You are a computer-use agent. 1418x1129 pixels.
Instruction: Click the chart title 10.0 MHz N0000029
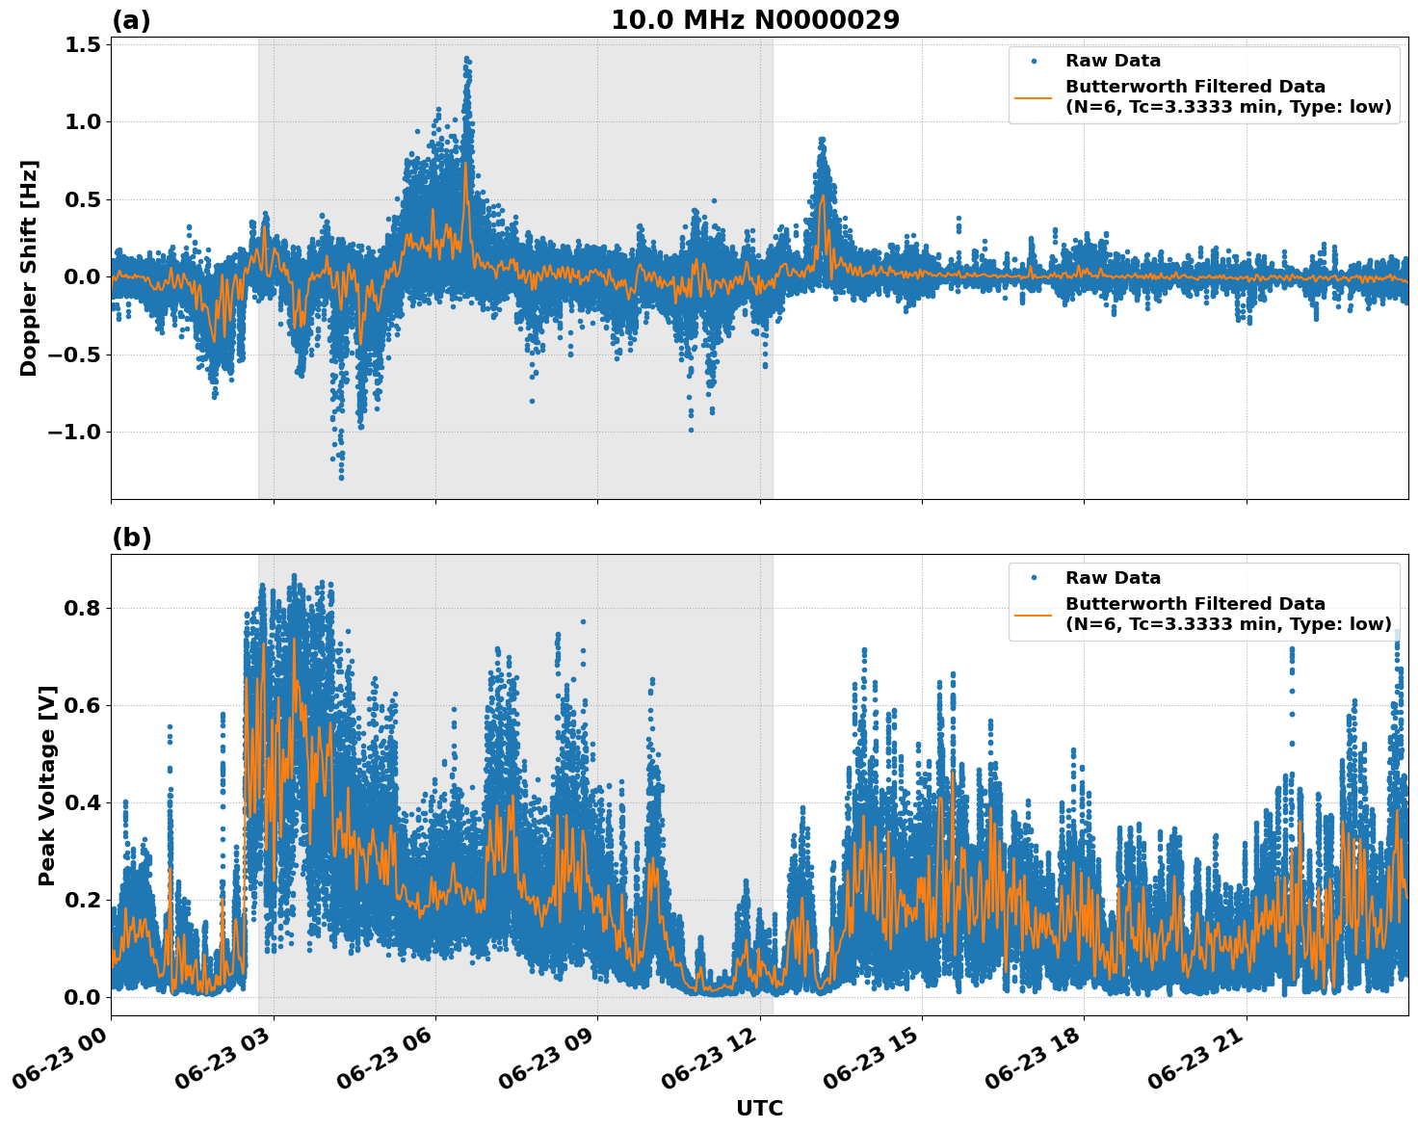coord(755,20)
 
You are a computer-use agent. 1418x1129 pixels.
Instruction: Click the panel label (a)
coord(131,20)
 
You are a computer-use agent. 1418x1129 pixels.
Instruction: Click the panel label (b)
coord(131,538)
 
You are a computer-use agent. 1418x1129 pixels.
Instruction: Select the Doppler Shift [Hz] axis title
coord(29,268)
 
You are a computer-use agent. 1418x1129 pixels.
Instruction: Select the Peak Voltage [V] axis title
coord(47,785)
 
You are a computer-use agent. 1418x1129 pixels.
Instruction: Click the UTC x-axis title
coord(759,1108)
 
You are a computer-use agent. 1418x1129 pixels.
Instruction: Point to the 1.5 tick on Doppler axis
coord(84,44)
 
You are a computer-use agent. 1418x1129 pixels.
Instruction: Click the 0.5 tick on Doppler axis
coord(84,199)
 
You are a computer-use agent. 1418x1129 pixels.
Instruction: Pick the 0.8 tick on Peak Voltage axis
coord(84,608)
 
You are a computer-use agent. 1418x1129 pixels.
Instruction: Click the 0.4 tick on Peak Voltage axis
coord(84,802)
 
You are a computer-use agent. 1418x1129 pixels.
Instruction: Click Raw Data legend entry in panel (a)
coord(1113,61)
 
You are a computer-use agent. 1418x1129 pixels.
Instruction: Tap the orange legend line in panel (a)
coord(1034,96)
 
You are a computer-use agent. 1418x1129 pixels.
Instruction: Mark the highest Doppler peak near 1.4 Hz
coord(466,59)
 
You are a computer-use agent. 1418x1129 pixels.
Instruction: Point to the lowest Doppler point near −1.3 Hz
coord(341,477)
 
